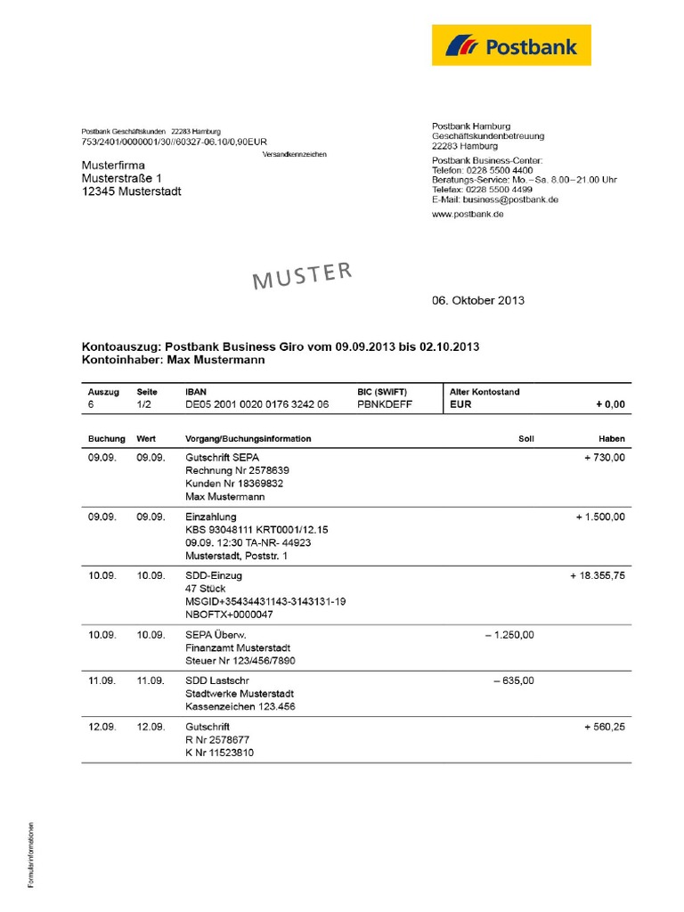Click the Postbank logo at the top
click(511, 45)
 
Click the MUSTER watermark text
click(303, 275)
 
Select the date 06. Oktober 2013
click(478, 300)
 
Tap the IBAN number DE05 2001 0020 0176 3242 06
click(256, 404)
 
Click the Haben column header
click(612, 439)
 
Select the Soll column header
click(525, 439)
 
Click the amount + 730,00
click(601, 457)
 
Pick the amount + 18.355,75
click(598, 575)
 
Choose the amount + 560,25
click(605, 727)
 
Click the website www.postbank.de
click(468, 216)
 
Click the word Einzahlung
click(211, 517)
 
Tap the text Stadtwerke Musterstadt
click(240, 694)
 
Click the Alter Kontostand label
click(484, 391)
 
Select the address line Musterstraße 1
click(122, 178)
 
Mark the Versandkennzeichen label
click(295, 154)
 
